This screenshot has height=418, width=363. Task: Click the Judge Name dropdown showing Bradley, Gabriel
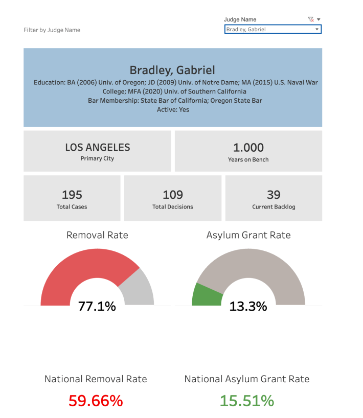273,30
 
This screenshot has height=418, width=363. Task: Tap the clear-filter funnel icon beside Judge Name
310,19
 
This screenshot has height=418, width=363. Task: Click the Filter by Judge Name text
52,30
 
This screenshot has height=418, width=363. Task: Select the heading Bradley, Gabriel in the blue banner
172,70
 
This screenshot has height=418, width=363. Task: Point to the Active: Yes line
173,109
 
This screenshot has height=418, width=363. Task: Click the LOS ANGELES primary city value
97,147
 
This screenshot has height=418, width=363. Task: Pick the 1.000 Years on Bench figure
248,147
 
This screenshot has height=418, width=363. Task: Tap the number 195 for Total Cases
72,195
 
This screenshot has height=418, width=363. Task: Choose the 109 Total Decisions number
173,195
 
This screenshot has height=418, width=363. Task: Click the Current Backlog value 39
274,195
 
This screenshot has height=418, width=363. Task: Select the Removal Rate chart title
97,235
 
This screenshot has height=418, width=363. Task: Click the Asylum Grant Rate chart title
248,235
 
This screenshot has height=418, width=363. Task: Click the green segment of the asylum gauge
205,295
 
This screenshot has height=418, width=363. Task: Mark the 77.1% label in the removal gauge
97,307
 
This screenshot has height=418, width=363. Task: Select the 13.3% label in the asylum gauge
248,307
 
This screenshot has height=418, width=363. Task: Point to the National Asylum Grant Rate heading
247,379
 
